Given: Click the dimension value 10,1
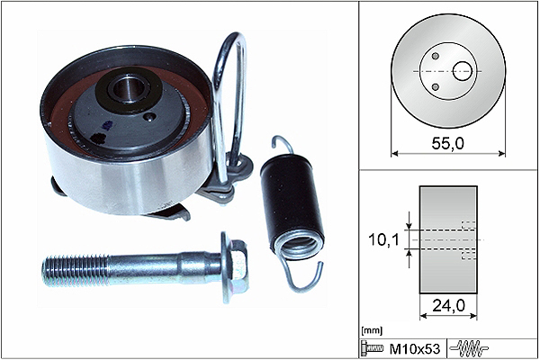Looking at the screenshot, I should pos(383,239).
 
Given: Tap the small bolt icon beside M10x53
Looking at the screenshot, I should pos(372,347).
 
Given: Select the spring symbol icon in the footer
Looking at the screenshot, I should pos(469,347).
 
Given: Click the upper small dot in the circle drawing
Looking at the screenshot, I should pos(436,56).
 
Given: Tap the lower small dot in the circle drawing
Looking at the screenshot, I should pos(436,86).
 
